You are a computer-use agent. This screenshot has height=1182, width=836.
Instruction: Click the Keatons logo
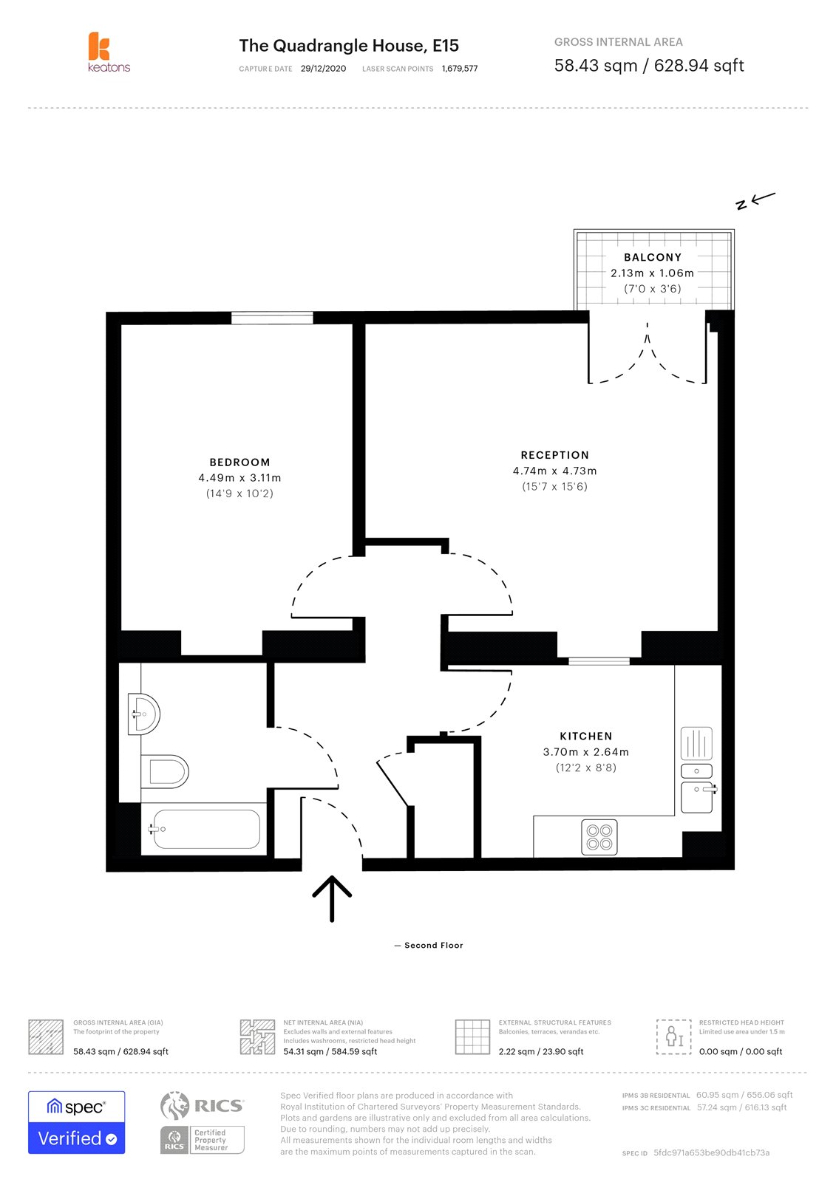[x=108, y=52]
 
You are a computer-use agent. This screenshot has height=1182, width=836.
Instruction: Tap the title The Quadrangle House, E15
[x=349, y=46]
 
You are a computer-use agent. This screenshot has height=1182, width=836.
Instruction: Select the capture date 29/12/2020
[x=323, y=69]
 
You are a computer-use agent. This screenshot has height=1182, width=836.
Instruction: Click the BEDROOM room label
[x=239, y=462]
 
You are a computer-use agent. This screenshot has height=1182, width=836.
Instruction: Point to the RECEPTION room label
[x=554, y=455]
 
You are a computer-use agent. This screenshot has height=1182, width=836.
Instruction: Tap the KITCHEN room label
[x=585, y=736]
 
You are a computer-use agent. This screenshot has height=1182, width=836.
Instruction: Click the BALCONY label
[x=652, y=257]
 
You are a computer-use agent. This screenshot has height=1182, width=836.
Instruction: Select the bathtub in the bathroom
[x=205, y=829]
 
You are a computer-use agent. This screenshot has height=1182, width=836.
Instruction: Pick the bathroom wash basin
[x=144, y=714]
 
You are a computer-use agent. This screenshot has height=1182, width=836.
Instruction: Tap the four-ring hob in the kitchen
[x=599, y=837]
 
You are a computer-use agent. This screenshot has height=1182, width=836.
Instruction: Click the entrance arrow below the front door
[x=332, y=898]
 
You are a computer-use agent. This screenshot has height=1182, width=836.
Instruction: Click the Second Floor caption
[x=433, y=946]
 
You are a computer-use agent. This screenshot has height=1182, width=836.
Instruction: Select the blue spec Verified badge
[x=76, y=1122]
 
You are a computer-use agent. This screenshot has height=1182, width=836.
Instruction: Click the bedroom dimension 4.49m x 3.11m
[x=239, y=478]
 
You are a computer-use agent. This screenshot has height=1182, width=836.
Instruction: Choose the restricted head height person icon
[x=673, y=1036]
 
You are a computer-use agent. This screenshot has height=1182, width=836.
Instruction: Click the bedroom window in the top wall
[x=272, y=318]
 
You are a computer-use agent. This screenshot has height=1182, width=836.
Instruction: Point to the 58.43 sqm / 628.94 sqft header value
[x=648, y=66]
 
